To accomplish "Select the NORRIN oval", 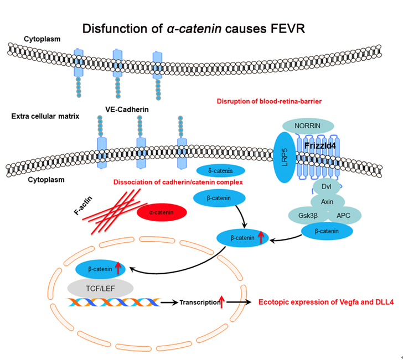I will [x=308, y=126].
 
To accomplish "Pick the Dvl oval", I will [x=326, y=186].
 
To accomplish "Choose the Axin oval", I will [x=327, y=201].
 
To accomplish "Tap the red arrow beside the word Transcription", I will [x=222, y=302].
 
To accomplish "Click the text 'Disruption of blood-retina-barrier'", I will [x=268, y=101].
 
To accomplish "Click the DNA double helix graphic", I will [x=113, y=302].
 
